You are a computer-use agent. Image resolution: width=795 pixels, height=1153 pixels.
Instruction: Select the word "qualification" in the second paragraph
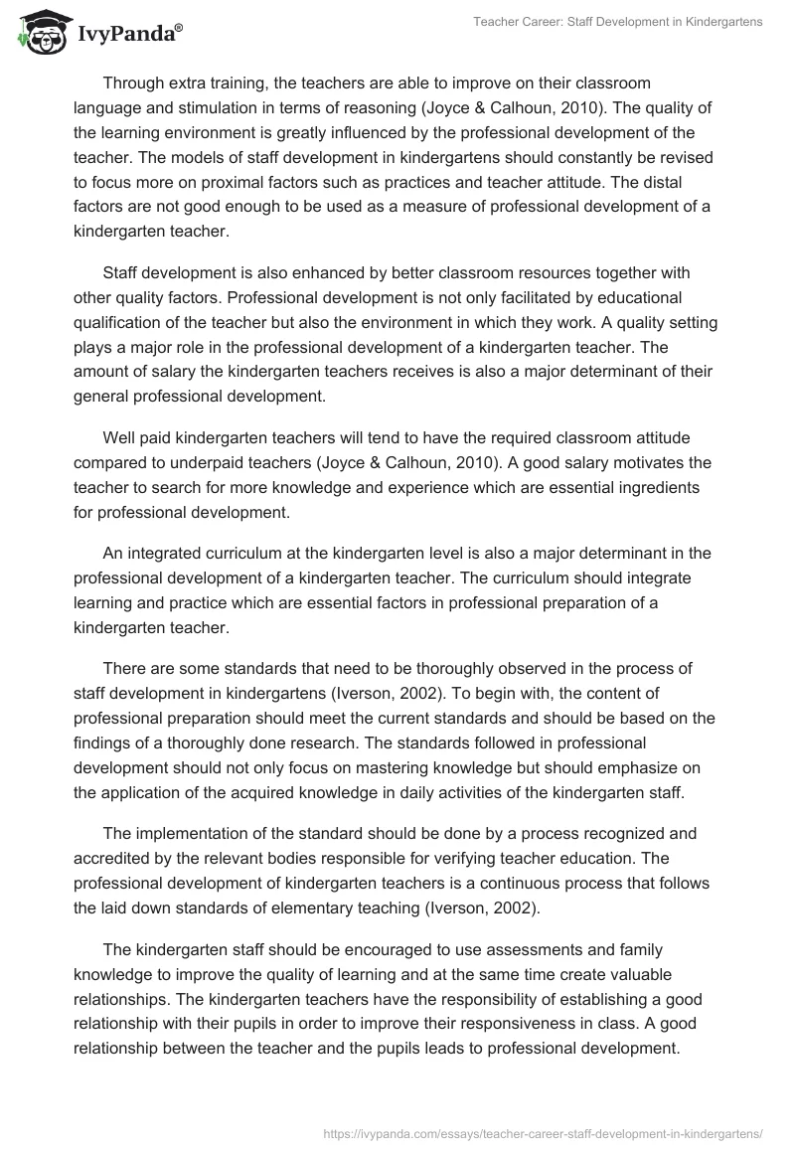pos(122,323)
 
